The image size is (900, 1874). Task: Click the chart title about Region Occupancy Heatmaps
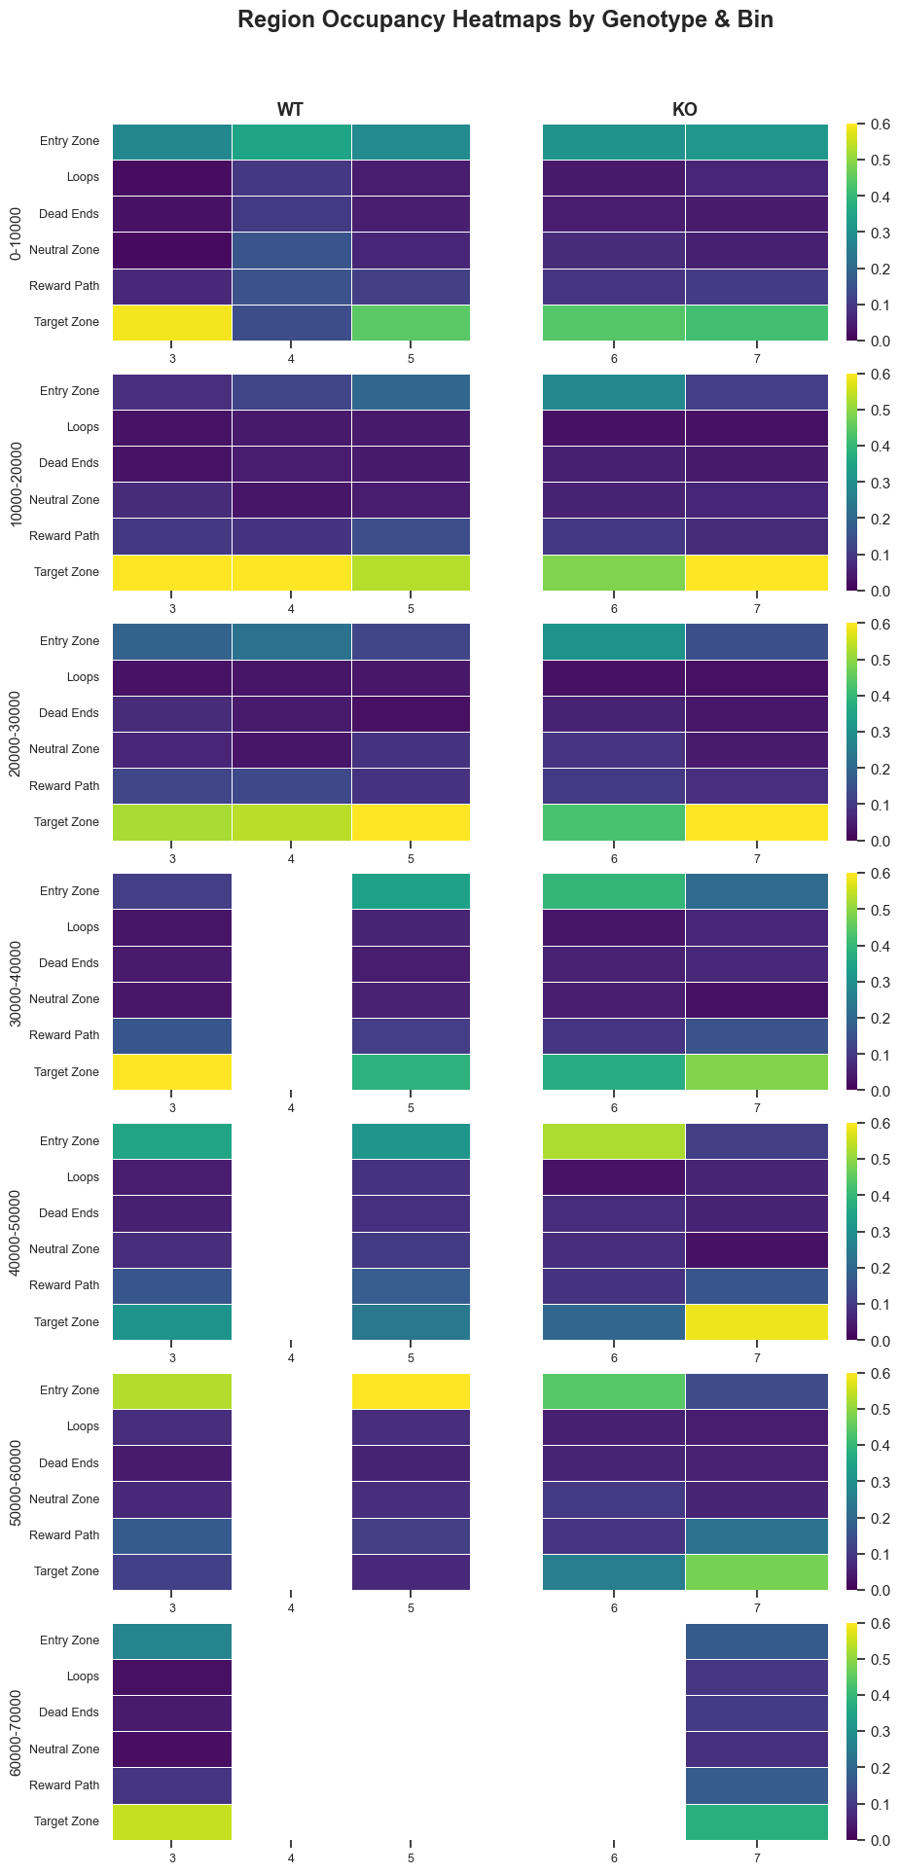point(505,19)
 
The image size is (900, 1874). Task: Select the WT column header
point(291,110)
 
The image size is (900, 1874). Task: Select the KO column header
point(685,110)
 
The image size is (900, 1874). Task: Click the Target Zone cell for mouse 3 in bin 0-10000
point(172,323)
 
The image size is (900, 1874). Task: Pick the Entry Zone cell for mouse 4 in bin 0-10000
point(291,142)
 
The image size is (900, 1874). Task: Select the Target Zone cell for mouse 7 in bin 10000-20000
point(757,572)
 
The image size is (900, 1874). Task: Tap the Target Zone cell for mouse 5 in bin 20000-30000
point(411,822)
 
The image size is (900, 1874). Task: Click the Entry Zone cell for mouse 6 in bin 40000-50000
point(614,1140)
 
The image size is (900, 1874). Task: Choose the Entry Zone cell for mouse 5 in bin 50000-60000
point(411,1390)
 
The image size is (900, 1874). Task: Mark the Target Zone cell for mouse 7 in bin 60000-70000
point(757,1821)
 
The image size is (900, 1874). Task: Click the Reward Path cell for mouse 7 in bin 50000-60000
point(757,1535)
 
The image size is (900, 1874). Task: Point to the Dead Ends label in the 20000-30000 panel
point(69,713)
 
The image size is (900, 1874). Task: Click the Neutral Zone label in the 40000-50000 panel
point(64,1249)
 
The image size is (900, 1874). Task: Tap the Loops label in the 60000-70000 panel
point(84,1676)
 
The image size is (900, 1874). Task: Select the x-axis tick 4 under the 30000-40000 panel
point(291,1107)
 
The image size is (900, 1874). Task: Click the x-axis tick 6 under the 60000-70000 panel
point(614,1857)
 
